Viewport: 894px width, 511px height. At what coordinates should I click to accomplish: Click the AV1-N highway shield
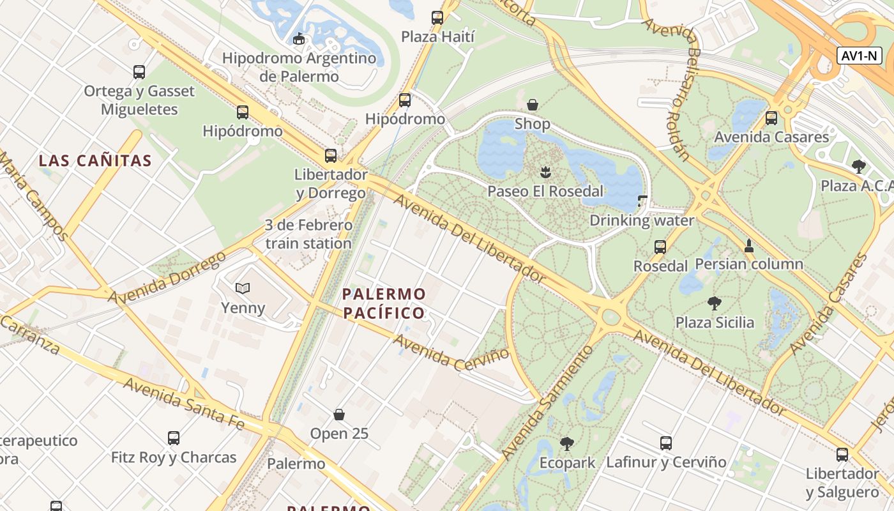pos(860,56)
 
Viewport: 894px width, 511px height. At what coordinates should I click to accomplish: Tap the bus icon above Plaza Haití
pos(437,18)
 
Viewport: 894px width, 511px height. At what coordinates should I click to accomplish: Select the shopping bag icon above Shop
pos(532,104)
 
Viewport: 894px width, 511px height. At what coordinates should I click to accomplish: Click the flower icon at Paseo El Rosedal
pos(545,171)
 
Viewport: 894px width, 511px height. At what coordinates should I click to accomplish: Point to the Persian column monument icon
pos(749,245)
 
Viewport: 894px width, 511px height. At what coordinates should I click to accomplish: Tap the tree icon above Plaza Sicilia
pos(715,303)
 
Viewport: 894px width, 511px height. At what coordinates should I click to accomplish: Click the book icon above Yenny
pos(243,289)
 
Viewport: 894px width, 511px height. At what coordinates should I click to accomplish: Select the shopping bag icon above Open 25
pos(339,415)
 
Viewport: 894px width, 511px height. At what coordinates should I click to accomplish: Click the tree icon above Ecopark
pos(566,443)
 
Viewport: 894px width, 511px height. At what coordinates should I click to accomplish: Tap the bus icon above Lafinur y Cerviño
pos(666,443)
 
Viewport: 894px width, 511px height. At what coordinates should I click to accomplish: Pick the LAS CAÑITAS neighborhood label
pos(95,160)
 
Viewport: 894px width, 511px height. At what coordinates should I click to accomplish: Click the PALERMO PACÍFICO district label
pos(384,303)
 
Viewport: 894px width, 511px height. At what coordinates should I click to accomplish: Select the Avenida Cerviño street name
pos(451,353)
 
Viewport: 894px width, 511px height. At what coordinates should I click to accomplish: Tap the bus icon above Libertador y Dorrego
pos(331,155)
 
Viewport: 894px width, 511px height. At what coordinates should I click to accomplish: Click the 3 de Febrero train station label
pos(308,234)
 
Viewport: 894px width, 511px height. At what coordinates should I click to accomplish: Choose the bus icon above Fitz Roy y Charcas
pos(174,438)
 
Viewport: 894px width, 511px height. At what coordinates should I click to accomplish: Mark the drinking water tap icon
pos(642,201)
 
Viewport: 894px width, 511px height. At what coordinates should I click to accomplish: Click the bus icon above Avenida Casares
pos(771,118)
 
